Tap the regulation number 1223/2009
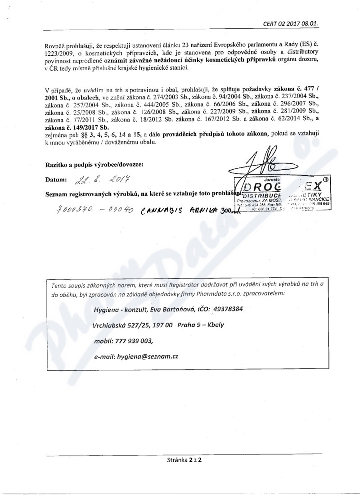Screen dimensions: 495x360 (58, 54)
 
